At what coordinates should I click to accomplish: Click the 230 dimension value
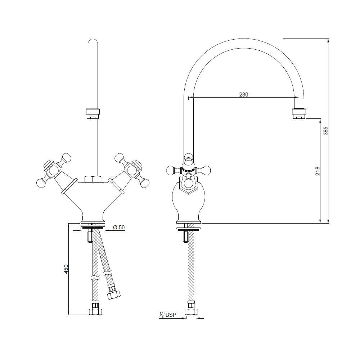pos(244,95)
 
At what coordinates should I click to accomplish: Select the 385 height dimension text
pos(326,130)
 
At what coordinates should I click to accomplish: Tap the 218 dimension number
pos(317,170)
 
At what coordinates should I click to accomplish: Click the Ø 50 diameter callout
pos(119,227)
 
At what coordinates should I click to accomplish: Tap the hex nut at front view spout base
pos(93,179)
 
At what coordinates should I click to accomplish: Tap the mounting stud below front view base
pos(89,237)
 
